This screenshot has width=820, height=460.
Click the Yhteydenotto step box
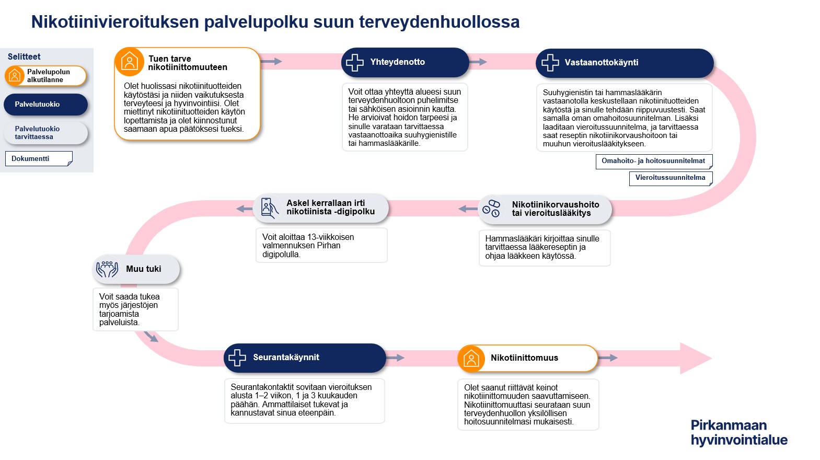point(405,62)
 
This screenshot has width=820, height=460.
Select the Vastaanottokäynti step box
point(625,63)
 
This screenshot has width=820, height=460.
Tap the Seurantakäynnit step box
point(305,358)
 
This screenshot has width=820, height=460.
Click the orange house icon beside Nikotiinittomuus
point(471,359)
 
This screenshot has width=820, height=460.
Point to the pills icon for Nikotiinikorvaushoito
point(491,208)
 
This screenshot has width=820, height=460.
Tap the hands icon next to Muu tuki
point(107,269)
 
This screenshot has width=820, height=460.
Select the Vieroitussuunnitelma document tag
point(670,178)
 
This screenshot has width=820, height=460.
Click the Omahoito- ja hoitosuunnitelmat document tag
point(653,161)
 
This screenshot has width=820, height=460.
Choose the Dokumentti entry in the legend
point(38,159)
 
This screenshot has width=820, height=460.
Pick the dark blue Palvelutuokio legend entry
point(45,105)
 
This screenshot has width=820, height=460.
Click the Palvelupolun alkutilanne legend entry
point(45,76)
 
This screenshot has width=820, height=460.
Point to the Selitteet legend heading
point(24,56)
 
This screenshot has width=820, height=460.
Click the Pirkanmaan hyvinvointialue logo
point(738,432)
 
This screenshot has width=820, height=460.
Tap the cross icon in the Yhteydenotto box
point(355,62)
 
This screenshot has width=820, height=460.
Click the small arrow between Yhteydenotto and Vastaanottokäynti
point(478,62)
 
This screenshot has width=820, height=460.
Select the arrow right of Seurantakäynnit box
point(396,358)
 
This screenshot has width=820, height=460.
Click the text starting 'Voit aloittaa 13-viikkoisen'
point(308,246)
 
